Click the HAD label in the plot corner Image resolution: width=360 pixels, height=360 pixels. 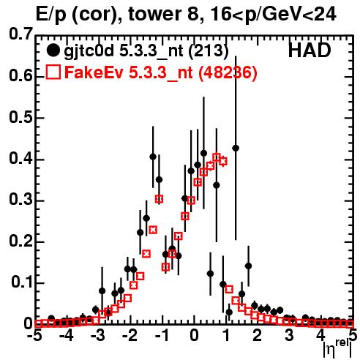pos(310,50)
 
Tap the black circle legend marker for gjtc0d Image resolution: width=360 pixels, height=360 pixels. pos(53,50)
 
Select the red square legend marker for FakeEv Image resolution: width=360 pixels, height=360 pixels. pos(53,72)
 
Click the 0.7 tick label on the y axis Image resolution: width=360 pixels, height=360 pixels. pos(20,34)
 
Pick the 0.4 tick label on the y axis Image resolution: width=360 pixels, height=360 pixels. pos(20,159)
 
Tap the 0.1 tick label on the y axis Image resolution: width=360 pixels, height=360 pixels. pos(21,282)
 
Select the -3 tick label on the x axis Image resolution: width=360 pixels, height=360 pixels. pos(98,335)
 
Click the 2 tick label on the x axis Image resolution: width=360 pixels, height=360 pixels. pos(258,335)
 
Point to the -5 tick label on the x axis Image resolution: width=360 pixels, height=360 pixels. pos(34,335)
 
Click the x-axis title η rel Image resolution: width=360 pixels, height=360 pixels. pos(337,349)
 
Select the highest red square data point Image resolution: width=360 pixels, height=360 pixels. pos(217,157)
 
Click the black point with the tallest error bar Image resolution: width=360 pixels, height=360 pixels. pos(236,148)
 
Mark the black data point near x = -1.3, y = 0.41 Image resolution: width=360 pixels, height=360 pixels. pos(153,157)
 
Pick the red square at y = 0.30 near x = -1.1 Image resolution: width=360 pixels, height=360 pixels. pos(159,199)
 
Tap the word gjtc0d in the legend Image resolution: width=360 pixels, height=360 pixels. pos(89,51)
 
